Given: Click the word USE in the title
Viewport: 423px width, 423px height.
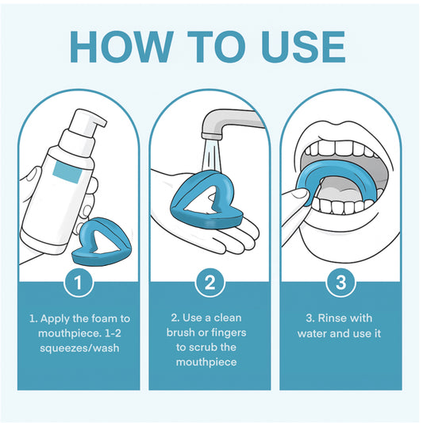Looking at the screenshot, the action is [x=304, y=47].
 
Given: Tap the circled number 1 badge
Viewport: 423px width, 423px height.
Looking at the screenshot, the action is [x=79, y=283].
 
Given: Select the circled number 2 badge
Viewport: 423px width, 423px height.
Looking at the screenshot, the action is [x=210, y=283].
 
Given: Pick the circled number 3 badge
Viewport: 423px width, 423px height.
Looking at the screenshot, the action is [x=340, y=283].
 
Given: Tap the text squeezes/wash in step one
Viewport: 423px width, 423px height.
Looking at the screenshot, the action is [x=79, y=348].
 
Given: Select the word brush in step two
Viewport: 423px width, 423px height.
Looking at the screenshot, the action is [x=181, y=333].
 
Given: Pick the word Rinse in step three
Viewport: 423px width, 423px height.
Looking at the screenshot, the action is [x=330, y=318].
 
